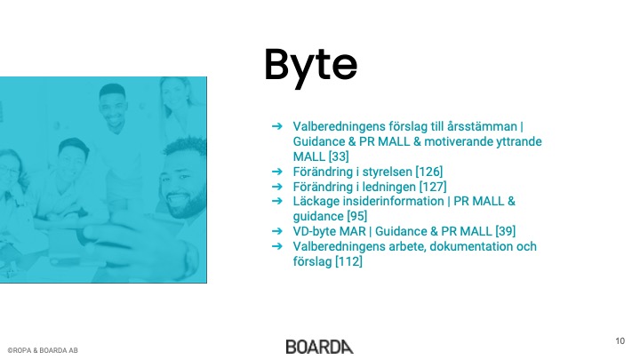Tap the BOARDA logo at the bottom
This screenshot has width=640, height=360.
(320, 347)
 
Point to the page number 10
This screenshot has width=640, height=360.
(620, 340)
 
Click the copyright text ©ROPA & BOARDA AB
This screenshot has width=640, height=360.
(43, 350)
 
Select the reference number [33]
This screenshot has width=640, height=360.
(339, 156)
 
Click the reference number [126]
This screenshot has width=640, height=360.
(429, 172)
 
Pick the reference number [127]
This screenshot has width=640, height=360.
(433, 187)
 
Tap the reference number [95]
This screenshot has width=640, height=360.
(356, 216)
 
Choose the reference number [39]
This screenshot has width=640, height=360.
(505, 231)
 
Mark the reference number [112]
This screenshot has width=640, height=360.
(348, 261)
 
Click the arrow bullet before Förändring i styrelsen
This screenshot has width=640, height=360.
(277, 172)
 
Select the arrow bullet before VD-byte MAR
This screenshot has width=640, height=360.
(277, 231)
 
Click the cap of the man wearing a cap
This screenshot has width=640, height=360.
(74, 146)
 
